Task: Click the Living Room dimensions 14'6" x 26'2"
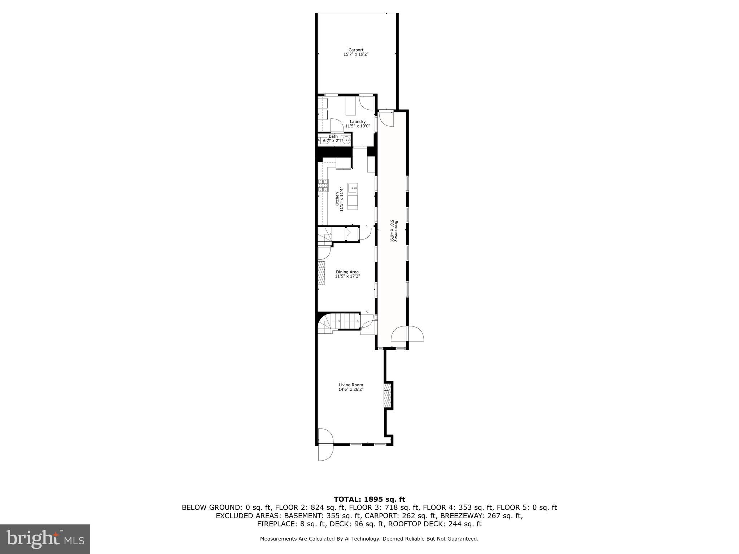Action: tap(351, 390)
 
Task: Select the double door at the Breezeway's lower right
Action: tap(407, 334)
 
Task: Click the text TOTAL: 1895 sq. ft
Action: tap(369, 500)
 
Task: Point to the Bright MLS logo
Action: tap(45, 539)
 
